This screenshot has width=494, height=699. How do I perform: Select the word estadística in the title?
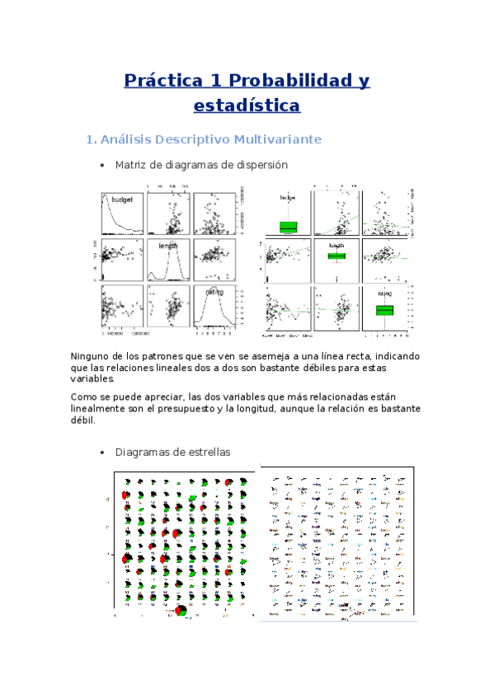coord(247,106)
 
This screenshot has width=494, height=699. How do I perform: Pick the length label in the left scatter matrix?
coord(170,245)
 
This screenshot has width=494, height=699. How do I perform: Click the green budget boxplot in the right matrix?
coord(288,227)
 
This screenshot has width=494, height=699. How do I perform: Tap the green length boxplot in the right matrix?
coord(336,256)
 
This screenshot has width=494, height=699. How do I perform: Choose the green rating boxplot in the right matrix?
coord(384,310)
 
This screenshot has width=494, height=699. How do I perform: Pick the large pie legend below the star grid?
coord(181,611)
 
